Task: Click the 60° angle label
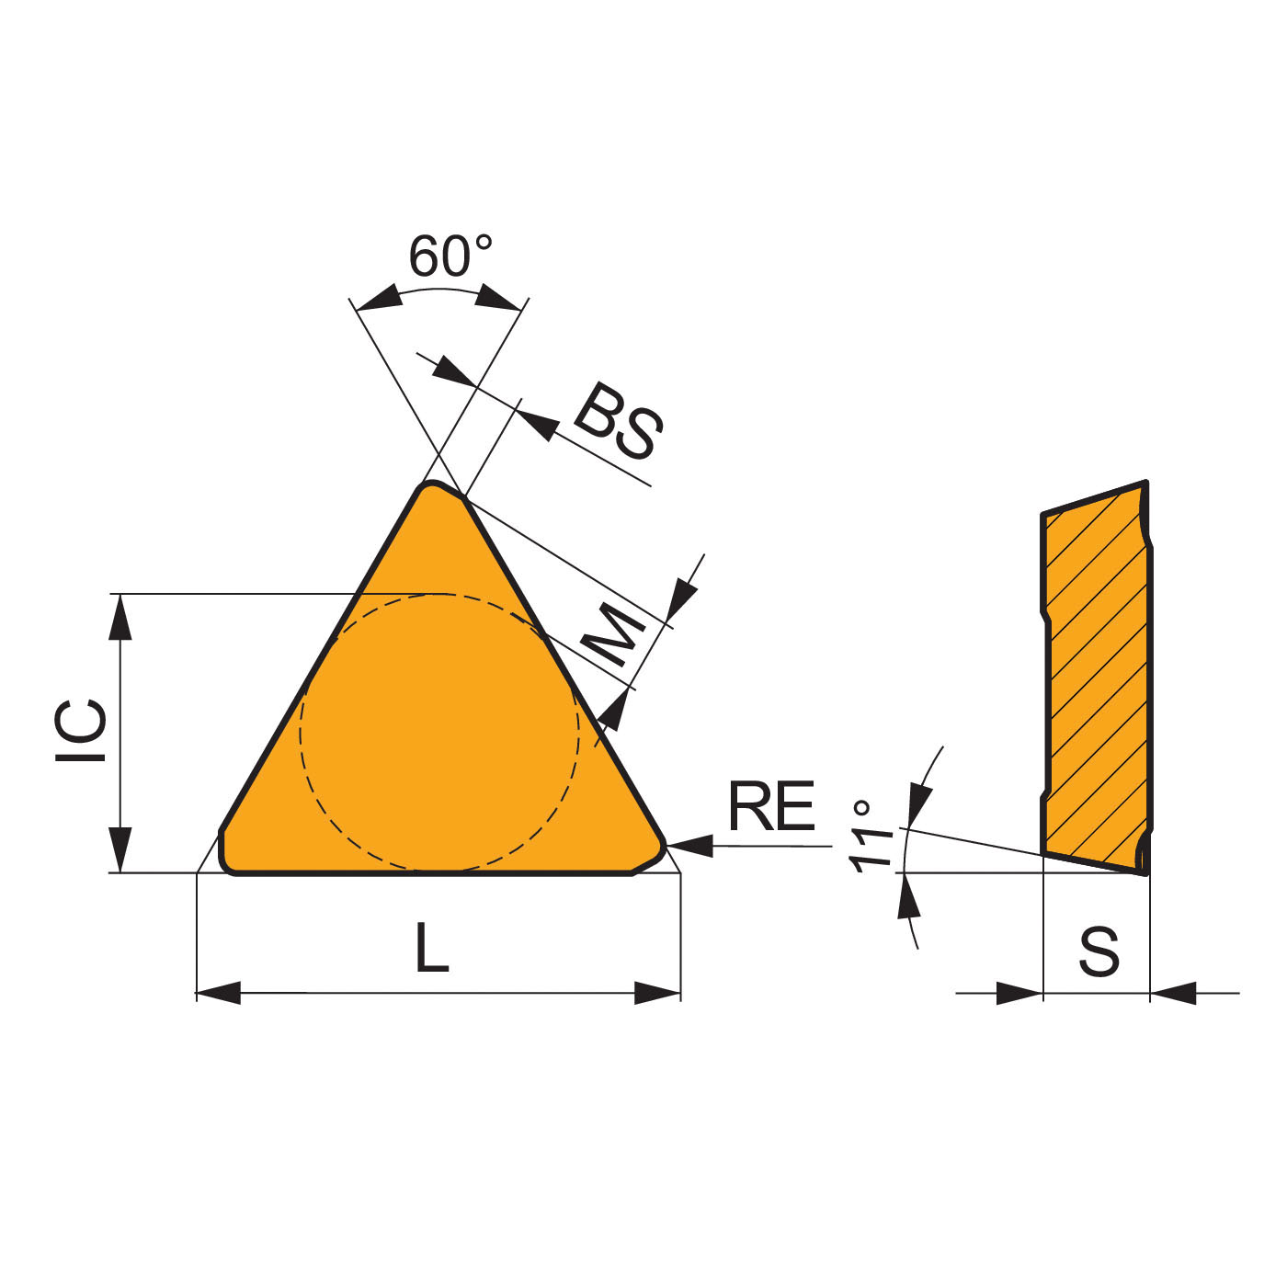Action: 450,256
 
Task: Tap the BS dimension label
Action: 618,421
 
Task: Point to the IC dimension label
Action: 81,731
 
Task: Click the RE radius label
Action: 771,805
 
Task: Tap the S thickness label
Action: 1099,951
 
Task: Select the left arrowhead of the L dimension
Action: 219,993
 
